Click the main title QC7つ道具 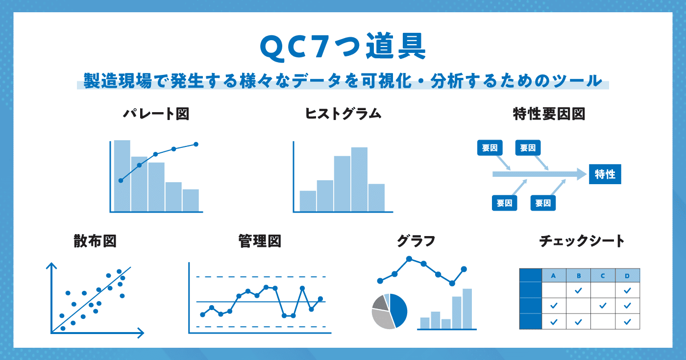tap(343, 47)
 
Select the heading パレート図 tap(156, 114)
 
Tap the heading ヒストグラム tap(343, 114)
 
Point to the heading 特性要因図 tap(549, 114)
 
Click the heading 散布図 tap(95, 241)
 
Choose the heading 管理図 tap(260, 241)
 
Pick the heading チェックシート tap(582, 241)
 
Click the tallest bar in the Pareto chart tap(122, 176)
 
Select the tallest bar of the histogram tap(359, 179)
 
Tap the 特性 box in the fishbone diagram tap(605, 174)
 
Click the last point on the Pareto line tap(196, 144)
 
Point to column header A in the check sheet tap(554, 275)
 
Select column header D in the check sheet tap(627, 275)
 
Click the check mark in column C tap(603, 306)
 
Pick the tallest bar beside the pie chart tap(467, 309)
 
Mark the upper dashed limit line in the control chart tap(261, 277)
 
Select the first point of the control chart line tap(202, 314)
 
